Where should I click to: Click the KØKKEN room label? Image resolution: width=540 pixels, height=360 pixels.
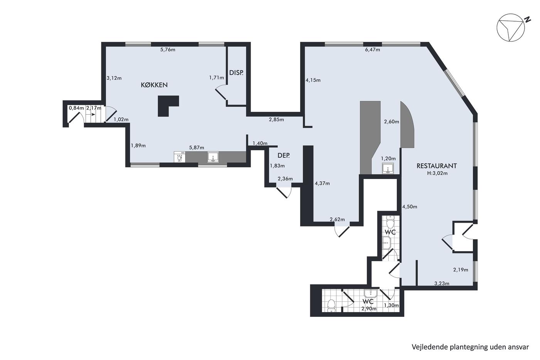[154, 85]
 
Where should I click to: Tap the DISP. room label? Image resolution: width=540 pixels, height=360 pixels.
[236, 73]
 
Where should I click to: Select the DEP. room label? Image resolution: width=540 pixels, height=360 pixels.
[283, 155]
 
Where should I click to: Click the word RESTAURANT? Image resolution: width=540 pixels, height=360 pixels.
[437, 166]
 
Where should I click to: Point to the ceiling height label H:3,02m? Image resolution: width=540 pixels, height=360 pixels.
[437, 173]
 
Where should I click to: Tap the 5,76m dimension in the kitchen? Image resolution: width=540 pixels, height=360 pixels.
[168, 50]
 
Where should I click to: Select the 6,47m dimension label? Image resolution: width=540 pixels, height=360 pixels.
[373, 50]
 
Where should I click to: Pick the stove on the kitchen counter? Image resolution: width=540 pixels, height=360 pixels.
[179, 157]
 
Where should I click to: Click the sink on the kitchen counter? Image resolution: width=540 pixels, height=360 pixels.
[213, 157]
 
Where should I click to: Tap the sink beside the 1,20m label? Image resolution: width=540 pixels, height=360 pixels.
[388, 168]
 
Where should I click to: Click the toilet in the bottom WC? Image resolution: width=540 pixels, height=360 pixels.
[331, 306]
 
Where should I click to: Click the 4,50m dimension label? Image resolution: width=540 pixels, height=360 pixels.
[410, 207]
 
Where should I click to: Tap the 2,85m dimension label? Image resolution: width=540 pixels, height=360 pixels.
[276, 120]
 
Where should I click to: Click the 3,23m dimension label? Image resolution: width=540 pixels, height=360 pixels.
[442, 284]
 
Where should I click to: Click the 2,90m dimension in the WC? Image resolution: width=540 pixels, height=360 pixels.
[369, 309]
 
